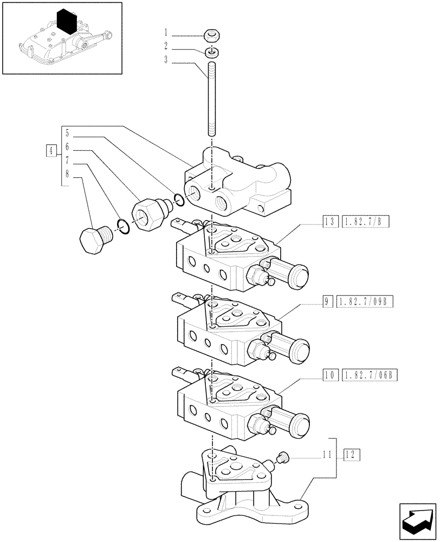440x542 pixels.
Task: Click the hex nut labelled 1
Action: pyautogui.click(x=212, y=36)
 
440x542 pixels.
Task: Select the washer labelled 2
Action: pyautogui.click(x=212, y=52)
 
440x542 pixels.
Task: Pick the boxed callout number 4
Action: pyautogui.click(x=50, y=150)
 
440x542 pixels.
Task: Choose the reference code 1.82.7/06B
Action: pyautogui.click(x=370, y=375)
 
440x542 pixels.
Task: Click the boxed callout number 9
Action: pyautogui.click(x=328, y=301)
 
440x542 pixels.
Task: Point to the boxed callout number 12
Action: pyautogui.click(x=351, y=454)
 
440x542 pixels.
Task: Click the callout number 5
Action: pyautogui.click(x=67, y=132)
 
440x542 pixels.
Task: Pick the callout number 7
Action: pyautogui.click(x=67, y=161)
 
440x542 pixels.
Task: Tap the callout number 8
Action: pyautogui.click(x=67, y=175)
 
